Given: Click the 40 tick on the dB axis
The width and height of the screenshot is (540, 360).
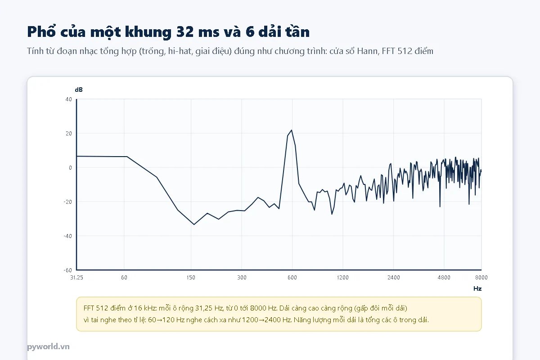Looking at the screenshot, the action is coord(69,99).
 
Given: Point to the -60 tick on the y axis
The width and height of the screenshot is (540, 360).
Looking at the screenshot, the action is coord(68,270).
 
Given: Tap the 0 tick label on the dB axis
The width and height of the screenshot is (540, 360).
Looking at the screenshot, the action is coord(70,167).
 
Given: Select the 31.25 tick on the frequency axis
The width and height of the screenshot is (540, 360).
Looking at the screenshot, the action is coord(76,278).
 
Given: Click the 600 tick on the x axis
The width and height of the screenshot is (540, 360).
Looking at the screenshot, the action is coord(292,278).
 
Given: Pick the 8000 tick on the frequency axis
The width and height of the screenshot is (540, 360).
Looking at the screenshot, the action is coord(481,278).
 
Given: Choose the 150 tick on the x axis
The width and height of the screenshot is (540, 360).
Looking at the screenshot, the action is coord(191,278).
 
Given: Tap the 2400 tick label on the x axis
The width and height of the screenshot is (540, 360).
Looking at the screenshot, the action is coord(394,278).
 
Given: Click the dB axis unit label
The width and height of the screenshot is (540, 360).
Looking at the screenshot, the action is coord(79,90).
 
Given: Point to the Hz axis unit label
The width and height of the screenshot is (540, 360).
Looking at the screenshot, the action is coord(477,288).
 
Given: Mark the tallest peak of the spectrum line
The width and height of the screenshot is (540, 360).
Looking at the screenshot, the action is coord(292,130).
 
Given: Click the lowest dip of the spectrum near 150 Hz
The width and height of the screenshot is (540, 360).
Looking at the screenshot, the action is coord(194,225).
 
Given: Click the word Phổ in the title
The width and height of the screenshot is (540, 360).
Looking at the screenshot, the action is coord(41,31).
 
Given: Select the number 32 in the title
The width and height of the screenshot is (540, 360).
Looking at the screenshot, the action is coord(184,32).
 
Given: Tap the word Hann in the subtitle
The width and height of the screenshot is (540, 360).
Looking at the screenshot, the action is coord(367,51).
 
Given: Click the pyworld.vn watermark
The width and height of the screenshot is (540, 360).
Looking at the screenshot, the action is coord(48,346).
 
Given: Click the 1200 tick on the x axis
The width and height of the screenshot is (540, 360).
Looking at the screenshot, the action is coord(343,278).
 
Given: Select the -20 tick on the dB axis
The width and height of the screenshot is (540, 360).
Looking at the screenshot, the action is coord(68,202).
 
